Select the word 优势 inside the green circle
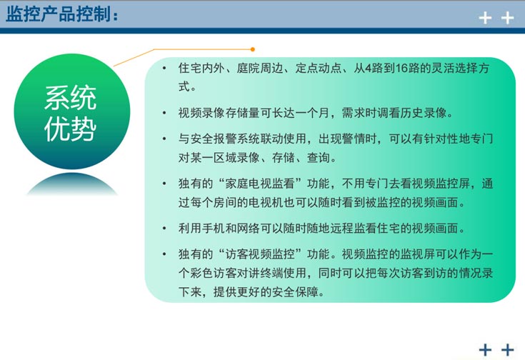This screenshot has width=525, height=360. (71, 129)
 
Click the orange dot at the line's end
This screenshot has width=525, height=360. (252, 49)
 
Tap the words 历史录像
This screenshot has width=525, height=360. (421, 113)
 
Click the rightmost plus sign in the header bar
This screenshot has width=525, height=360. (508, 18)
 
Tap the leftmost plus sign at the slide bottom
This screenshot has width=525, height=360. (486, 349)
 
